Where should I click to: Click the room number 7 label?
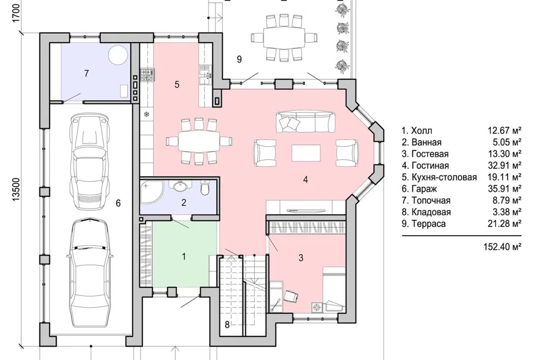pyautogui.click(x=87, y=73)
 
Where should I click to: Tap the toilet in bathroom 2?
pyautogui.click(x=205, y=188)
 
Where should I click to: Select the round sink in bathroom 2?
pyautogui.click(x=180, y=186)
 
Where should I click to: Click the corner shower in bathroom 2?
pyautogui.click(x=151, y=190)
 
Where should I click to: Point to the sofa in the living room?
pyautogui.click(x=305, y=122)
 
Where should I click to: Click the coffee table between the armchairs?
pyautogui.click(x=306, y=153)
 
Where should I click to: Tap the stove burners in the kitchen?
pyautogui.click(x=147, y=75)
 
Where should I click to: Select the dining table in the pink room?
pyautogui.click(x=199, y=142)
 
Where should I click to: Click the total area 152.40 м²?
pyautogui.click(x=502, y=247)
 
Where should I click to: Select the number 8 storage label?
pyautogui.click(x=227, y=325)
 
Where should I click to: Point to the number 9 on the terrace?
pyautogui.click(x=240, y=59)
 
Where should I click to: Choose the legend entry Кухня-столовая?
pyautogui.click(x=439, y=177)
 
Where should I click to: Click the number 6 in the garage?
pyautogui.click(x=118, y=203)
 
